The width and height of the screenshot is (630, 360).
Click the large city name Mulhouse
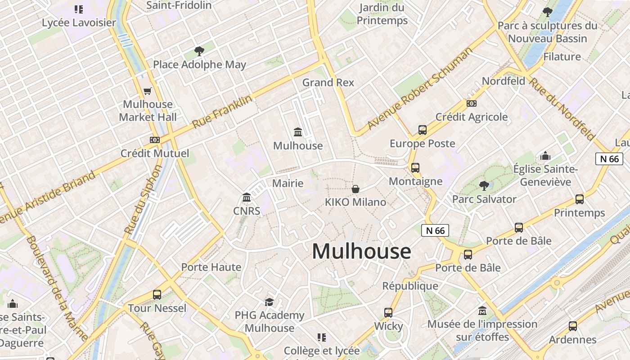361,251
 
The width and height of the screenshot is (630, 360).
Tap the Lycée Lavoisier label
79,22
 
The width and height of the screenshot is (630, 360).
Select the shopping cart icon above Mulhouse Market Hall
147,91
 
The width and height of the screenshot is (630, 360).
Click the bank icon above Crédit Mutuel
155,140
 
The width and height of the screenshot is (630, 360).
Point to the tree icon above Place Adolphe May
199,51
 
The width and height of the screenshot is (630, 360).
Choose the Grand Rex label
328,82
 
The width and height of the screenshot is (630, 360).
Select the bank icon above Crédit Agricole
471,103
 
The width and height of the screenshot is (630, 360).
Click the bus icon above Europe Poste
422,130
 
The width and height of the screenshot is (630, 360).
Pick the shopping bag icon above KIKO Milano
355,189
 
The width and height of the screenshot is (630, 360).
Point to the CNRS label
247,211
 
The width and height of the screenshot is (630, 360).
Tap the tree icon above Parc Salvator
484,185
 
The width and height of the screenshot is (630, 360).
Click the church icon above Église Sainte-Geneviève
545,156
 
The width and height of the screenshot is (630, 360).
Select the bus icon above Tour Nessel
157,295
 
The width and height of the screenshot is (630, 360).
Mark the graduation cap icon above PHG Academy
269,302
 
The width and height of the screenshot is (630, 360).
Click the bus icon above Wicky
388,312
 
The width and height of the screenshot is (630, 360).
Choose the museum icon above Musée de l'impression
482,310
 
